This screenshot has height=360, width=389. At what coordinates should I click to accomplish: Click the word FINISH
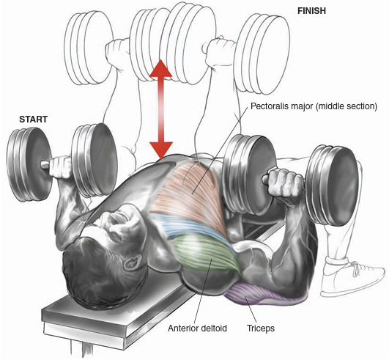point(311,11)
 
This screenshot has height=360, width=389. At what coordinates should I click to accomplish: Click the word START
point(33,120)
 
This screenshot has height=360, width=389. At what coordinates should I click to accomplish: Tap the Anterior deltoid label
point(197,328)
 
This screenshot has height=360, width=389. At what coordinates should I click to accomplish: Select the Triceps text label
point(261,328)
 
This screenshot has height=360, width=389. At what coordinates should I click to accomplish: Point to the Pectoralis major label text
point(314,106)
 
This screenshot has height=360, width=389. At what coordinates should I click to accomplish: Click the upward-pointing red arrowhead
point(161,68)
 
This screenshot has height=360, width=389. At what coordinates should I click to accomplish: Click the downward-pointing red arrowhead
point(161,150)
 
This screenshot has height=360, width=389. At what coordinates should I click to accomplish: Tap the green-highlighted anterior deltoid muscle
point(206,253)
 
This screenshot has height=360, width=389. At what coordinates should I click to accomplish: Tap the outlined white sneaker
point(352,277)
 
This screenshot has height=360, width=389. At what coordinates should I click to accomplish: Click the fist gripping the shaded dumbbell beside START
point(61,167)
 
